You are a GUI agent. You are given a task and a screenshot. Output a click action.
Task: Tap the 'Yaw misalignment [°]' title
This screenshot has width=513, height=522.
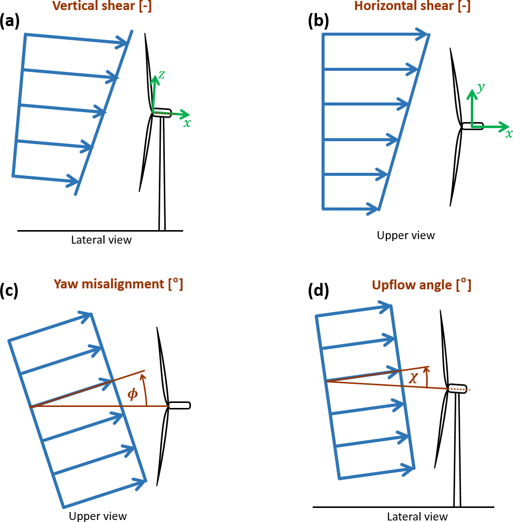pos(118,284)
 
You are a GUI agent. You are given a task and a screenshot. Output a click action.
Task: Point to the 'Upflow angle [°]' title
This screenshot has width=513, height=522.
pos(421,285)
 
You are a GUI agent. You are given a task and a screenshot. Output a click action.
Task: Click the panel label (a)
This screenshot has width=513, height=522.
pos(10,22)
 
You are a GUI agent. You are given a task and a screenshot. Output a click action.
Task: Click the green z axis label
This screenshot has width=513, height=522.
pos(162,75)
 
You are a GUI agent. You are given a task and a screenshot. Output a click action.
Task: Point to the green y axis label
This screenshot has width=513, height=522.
pos(481,88)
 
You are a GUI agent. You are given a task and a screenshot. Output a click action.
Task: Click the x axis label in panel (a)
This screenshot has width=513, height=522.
pos(187,123)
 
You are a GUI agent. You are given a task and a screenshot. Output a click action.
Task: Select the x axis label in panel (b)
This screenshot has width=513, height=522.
pos(508,134)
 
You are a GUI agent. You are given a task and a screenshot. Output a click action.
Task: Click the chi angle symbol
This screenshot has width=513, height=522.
pos(414,378)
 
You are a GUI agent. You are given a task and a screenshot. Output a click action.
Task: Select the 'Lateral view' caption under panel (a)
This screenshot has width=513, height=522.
pos(101,240)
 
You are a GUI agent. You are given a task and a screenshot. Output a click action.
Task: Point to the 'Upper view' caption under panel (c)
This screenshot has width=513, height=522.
pos(97,516)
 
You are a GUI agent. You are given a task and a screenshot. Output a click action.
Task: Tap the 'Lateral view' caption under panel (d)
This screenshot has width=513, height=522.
pos(417,516)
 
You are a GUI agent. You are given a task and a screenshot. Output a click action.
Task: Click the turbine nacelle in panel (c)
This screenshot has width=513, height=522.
pos(179,405)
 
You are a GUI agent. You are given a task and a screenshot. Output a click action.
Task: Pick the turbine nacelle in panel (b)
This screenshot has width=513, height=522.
pos(473,126)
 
